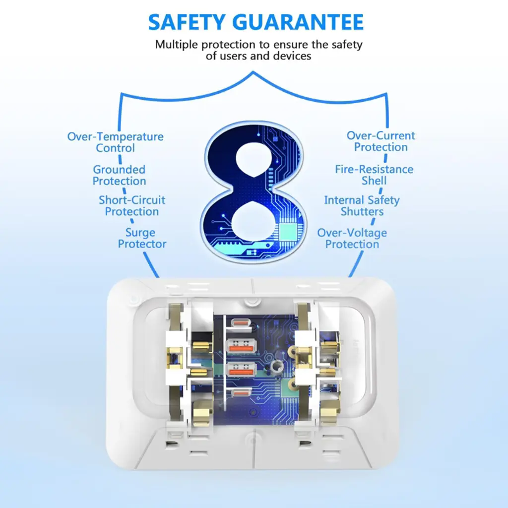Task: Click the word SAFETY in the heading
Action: (187, 22)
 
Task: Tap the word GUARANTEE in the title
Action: (298, 22)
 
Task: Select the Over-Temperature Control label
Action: (115, 142)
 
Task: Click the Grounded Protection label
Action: (119, 175)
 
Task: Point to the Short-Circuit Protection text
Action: (132, 206)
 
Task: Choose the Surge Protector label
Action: (142, 238)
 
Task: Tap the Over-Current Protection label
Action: (381, 141)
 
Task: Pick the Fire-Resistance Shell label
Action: (374, 175)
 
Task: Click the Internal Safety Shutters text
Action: (362, 206)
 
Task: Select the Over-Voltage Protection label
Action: (352, 239)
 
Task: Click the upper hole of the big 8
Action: (254, 159)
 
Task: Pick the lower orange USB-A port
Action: (242, 370)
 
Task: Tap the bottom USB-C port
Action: (241, 393)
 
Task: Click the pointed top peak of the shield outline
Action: (254, 72)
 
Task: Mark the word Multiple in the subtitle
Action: (177, 45)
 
